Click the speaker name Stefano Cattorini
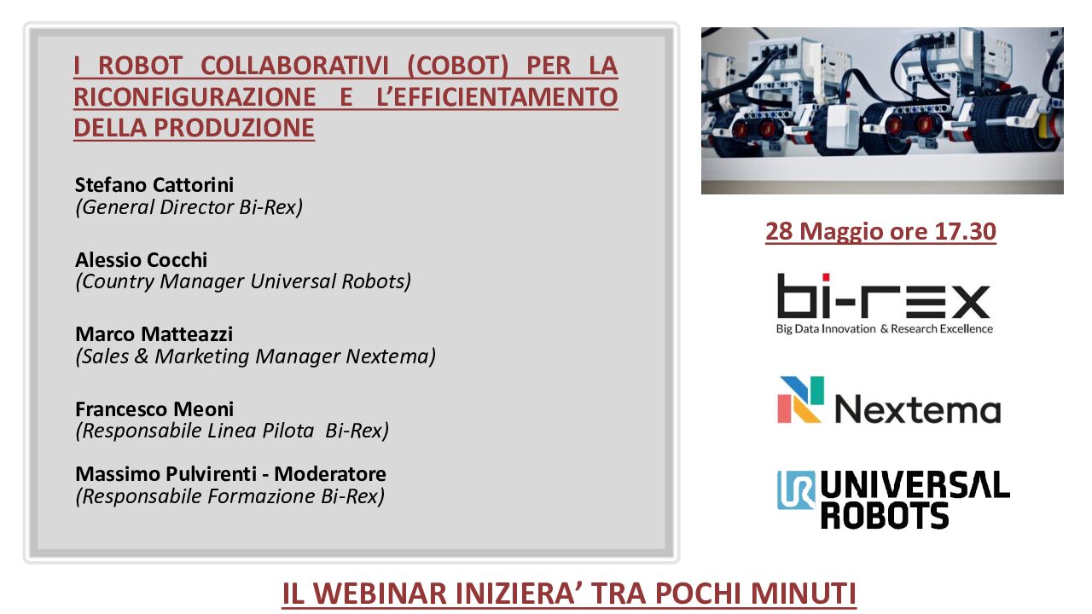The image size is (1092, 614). pos(154,185)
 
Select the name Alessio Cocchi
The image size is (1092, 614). pos(141,260)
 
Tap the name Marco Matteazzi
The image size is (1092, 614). pos(154,334)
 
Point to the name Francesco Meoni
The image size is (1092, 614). pos(154,409)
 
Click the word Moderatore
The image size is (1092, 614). pos(330,474)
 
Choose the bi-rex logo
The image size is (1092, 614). pos(884,303)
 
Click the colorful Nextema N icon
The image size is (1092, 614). pos(800,400)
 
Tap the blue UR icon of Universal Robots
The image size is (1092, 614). pos(796,490)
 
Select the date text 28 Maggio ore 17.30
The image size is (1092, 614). pos(880,231)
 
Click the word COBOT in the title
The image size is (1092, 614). pos(458,66)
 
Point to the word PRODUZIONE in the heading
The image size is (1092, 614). pos(234,128)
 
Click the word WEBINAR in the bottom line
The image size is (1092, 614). pos(378,594)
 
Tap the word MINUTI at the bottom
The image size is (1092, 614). pos(804,594)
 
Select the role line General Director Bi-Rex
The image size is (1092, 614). pos(189,207)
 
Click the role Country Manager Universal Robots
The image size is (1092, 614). pos(243,281)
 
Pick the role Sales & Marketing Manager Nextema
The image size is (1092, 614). pos(255,356)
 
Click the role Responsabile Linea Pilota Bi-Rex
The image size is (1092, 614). pos(232,432)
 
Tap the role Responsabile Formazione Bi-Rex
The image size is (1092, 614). pos(230,496)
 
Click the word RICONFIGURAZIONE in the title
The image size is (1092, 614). pos(195,97)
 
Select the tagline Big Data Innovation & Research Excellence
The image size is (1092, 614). pos(885,329)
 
